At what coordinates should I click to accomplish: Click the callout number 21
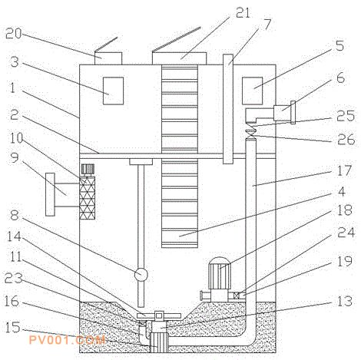pyautogui.click(x=243, y=13)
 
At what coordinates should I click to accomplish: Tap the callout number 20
pyautogui.click(x=14, y=33)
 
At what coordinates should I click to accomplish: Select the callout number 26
pyautogui.click(x=346, y=139)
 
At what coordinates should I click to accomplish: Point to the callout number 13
pyautogui.click(x=345, y=301)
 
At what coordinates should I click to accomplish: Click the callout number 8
pyautogui.click(x=15, y=215)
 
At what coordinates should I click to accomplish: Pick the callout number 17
pyautogui.click(x=344, y=170)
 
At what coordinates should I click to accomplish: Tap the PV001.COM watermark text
pyautogui.click(x=67, y=340)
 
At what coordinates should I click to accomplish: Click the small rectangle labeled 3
pyautogui.click(x=113, y=91)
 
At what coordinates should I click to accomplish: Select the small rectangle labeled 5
pyautogui.click(x=253, y=91)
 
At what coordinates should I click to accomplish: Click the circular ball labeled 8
pyautogui.click(x=141, y=275)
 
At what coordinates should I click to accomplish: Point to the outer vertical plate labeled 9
pyautogui.click(x=50, y=194)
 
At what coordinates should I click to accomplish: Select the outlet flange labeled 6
pyautogui.click(x=293, y=112)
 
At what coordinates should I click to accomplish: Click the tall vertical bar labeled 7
pyautogui.click(x=228, y=109)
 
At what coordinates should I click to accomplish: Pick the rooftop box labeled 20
pyautogui.click(x=108, y=58)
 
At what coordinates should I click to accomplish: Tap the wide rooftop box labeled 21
pyautogui.click(x=179, y=58)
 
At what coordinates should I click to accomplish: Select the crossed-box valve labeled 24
pyautogui.click(x=237, y=296)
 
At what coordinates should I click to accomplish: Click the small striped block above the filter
pyautogui.click(x=88, y=169)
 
